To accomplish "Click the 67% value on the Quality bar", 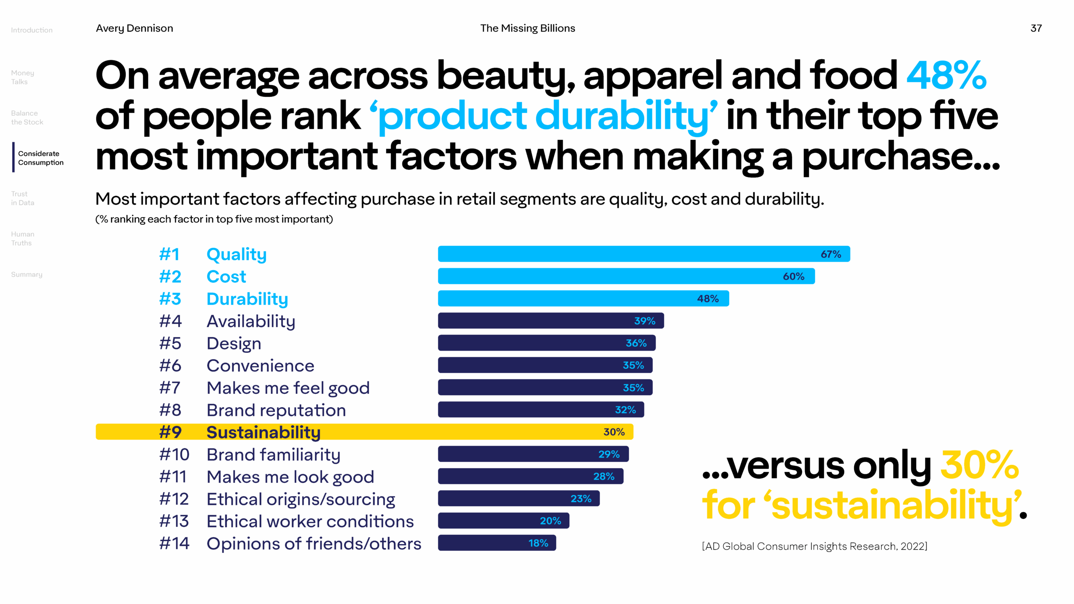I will click(831, 254).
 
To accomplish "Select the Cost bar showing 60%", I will click(626, 276).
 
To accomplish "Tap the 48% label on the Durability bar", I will click(708, 299).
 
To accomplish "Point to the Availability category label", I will click(251, 321).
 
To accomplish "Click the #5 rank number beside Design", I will click(170, 344).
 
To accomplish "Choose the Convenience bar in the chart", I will click(545, 365).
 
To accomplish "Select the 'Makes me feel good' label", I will click(288, 388).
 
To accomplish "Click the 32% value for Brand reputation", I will click(625, 410).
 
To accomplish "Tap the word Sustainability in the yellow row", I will click(263, 432).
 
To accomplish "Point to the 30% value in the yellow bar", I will click(614, 432).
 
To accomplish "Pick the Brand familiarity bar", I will click(533, 454).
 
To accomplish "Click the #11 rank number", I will click(173, 477).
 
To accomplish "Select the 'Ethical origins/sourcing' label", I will click(301, 499).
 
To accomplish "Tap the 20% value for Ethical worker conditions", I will click(550, 521).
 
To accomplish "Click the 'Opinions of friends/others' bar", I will click(497, 543).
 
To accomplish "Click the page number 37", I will click(1036, 28).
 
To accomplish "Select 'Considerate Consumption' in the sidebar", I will click(41, 158).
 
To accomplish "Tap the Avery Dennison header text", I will click(134, 28).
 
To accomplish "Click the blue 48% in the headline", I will click(946, 75).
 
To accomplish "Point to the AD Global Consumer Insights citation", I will click(814, 546).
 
